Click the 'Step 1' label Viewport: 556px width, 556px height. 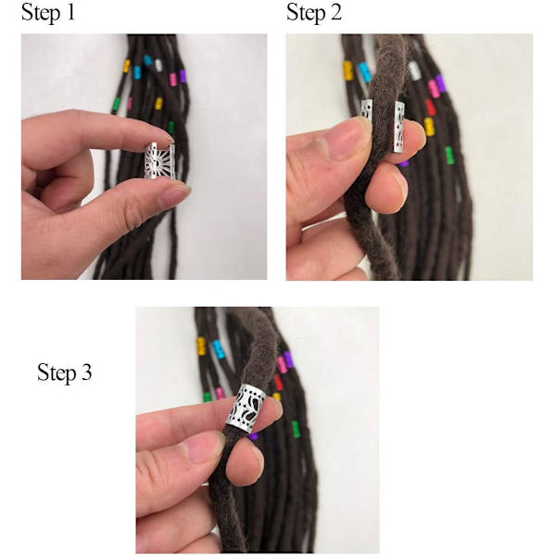tap(48, 13)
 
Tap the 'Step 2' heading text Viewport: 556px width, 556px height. tap(314, 13)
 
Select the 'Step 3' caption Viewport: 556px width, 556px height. tap(65, 373)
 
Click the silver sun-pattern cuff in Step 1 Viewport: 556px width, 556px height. tap(159, 161)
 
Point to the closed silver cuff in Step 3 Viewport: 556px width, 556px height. tap(246, 408)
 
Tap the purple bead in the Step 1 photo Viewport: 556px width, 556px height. tap(183, 76)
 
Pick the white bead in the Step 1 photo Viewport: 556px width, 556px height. tap(158, 65)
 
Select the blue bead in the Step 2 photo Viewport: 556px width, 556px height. tap(365, 72)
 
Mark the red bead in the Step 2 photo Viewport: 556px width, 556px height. tap(430, 107)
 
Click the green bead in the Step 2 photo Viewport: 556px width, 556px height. tap(449, 156)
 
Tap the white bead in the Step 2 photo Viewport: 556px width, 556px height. tap(413, 70)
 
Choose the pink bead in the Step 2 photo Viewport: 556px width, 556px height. tap(433, 88)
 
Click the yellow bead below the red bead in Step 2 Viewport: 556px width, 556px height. tap(429, 127)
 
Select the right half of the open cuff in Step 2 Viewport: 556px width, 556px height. tap(398, 127)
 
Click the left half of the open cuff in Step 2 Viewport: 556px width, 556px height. tap(367, 109)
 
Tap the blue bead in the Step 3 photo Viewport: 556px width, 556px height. tap(218, 349)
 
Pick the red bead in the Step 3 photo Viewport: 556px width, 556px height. tap(279, 382)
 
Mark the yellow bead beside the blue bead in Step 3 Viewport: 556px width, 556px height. tap(201, 346)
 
